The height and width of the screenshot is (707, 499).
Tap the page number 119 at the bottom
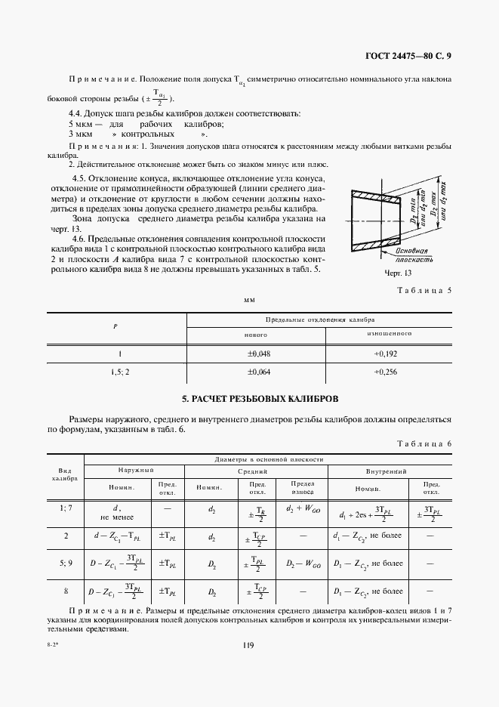(x=248, y=644)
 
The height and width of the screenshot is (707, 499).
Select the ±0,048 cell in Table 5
(x=260, y=352)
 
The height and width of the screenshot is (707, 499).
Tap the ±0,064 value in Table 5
(x=260, y=372)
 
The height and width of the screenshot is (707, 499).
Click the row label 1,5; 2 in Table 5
(x=116, y=372)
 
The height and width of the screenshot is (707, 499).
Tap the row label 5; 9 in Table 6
(x=65, y=562)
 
